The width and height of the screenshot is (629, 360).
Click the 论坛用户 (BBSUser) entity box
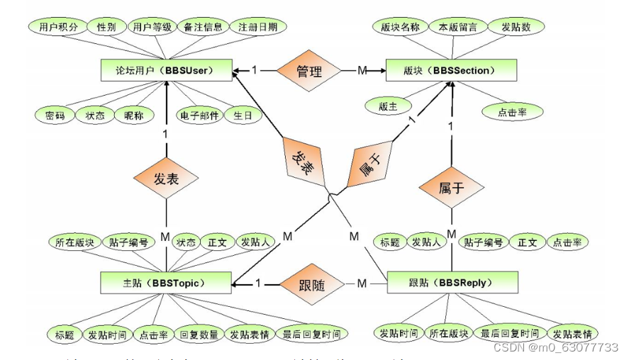point(166,71)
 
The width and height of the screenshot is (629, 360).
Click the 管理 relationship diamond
point(309,71)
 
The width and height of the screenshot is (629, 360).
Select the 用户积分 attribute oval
point(58,28)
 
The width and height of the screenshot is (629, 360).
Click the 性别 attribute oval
point(106,28)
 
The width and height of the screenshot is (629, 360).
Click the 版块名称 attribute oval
point(400,28)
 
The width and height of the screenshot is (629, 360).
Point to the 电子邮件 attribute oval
point(199,115)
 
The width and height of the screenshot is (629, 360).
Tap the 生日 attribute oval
point(243,115)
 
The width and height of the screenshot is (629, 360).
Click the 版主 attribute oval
point(388,107)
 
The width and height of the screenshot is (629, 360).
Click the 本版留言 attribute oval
point(458,28)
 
